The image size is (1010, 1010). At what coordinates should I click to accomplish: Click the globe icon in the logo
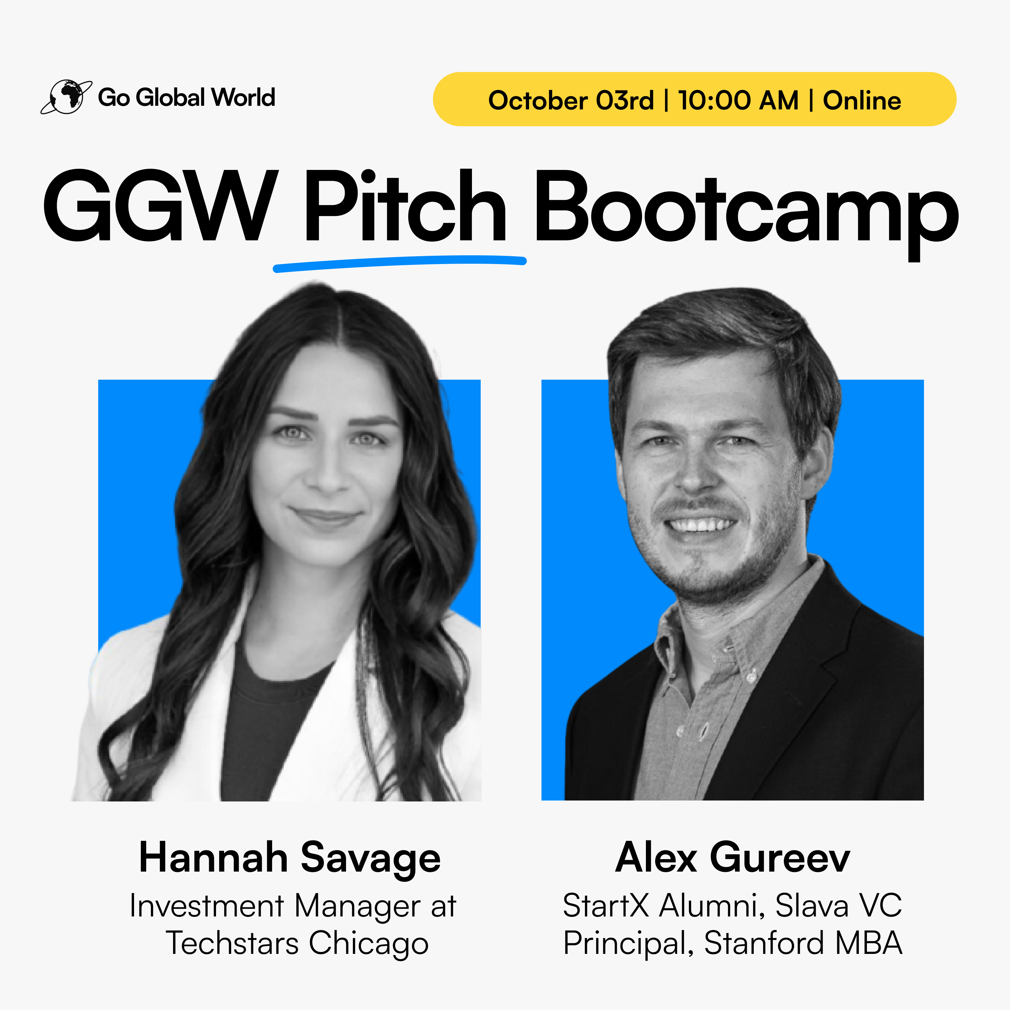[66, 97]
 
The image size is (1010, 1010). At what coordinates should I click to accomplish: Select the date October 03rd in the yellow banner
[571, 100]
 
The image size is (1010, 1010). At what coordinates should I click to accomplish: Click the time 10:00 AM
[738, 100]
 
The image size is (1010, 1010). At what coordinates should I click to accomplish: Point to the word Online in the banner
[862, 100]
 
